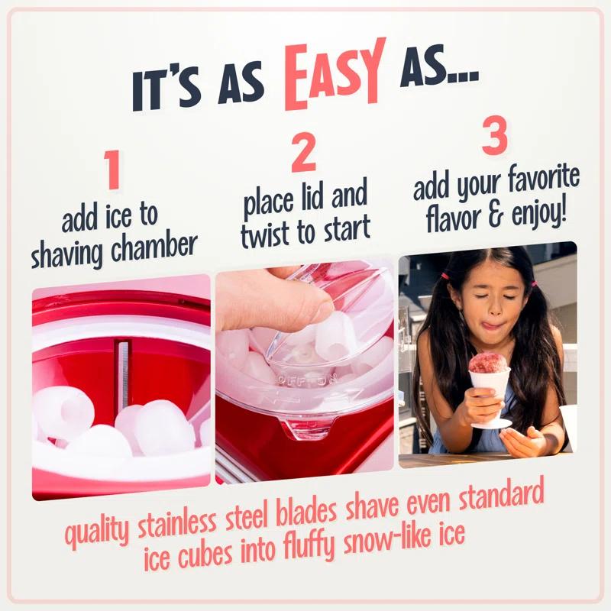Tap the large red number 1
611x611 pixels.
coord(112,171)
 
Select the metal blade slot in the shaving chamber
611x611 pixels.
coord(123,367)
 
